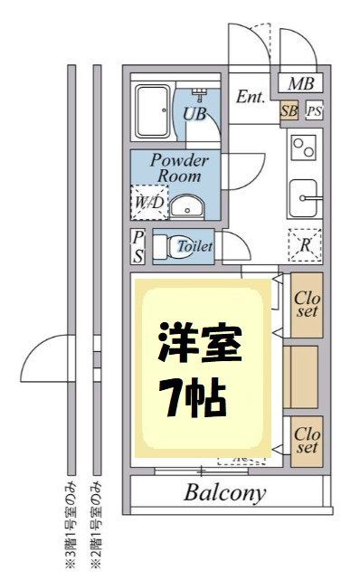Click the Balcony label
[x=225, y=494]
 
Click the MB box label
[x=300, y=84]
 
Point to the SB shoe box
[x=289, y=111]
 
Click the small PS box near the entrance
[x=313, y=111]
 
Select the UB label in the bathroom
[x=194, y=114]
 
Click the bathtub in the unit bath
[x=152, y=110]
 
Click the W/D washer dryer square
[x=148, y=202]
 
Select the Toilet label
[x=194, y=246]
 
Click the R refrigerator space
[x=305, y=245]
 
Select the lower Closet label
[x=307, y=441]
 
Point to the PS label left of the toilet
[x=137, y=246]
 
